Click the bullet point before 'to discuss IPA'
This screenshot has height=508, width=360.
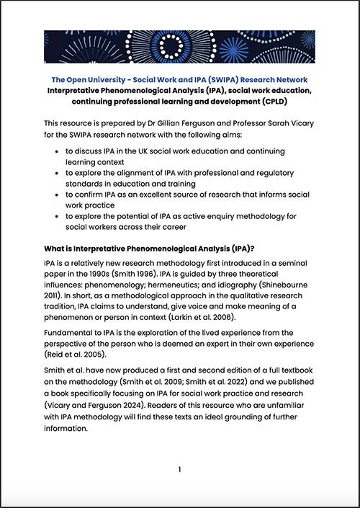pos(57,152)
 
